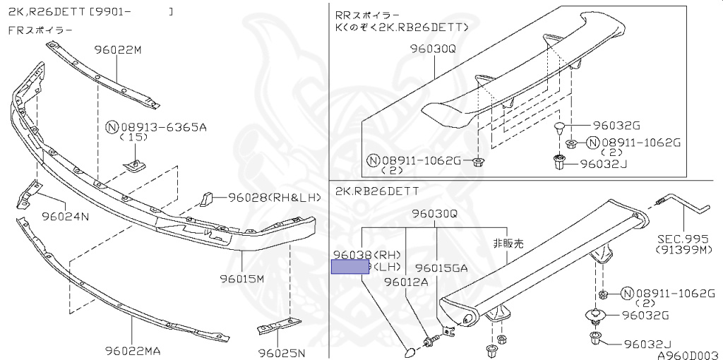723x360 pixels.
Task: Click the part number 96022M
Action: [x=118, y=50]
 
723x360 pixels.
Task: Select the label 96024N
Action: [x=65, y=216]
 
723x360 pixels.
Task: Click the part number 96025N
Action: [x=281, y=352]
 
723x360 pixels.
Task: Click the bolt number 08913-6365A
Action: [x=163, y=128]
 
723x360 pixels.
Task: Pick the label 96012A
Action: [x=406, y=282]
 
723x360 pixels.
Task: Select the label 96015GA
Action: [x=441, y=268]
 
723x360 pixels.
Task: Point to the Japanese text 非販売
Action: [x=510, y=242]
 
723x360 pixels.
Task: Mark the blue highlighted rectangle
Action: [x=351, y=266]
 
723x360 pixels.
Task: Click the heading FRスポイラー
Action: [x=40, y=30]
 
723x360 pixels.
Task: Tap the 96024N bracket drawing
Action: [x=28, y=193]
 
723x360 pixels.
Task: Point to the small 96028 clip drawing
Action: [x=205, y=198]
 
